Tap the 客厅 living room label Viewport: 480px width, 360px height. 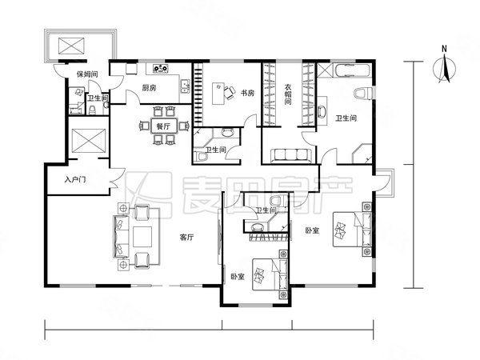click(186, 238)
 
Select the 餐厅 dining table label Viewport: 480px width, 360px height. click(163, 126)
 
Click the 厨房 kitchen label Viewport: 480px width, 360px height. click(149, 88)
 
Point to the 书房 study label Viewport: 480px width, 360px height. click(247, 93)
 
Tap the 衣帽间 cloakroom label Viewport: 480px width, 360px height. click(288, 94)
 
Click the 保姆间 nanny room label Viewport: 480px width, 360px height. click(87, 74)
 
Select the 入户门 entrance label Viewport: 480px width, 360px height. click(75, 180)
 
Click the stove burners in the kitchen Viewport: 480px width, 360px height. click(161, 68)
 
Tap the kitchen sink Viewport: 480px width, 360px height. click(185, 86)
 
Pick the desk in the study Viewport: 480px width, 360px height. click(218, 94)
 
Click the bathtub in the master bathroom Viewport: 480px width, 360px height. click(353, 70)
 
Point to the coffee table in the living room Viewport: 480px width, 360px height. click(142, 237)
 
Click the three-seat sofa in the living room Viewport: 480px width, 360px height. click(122, 236)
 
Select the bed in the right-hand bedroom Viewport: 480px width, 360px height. click(352, 230)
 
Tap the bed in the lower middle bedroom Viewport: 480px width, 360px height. click(270, 274)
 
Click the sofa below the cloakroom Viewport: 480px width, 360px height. click(291, 155)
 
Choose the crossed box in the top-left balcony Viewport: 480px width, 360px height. click(71, 46)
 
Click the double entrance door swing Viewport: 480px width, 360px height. click(118, 178)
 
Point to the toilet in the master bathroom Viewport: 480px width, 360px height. click(363, 93)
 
